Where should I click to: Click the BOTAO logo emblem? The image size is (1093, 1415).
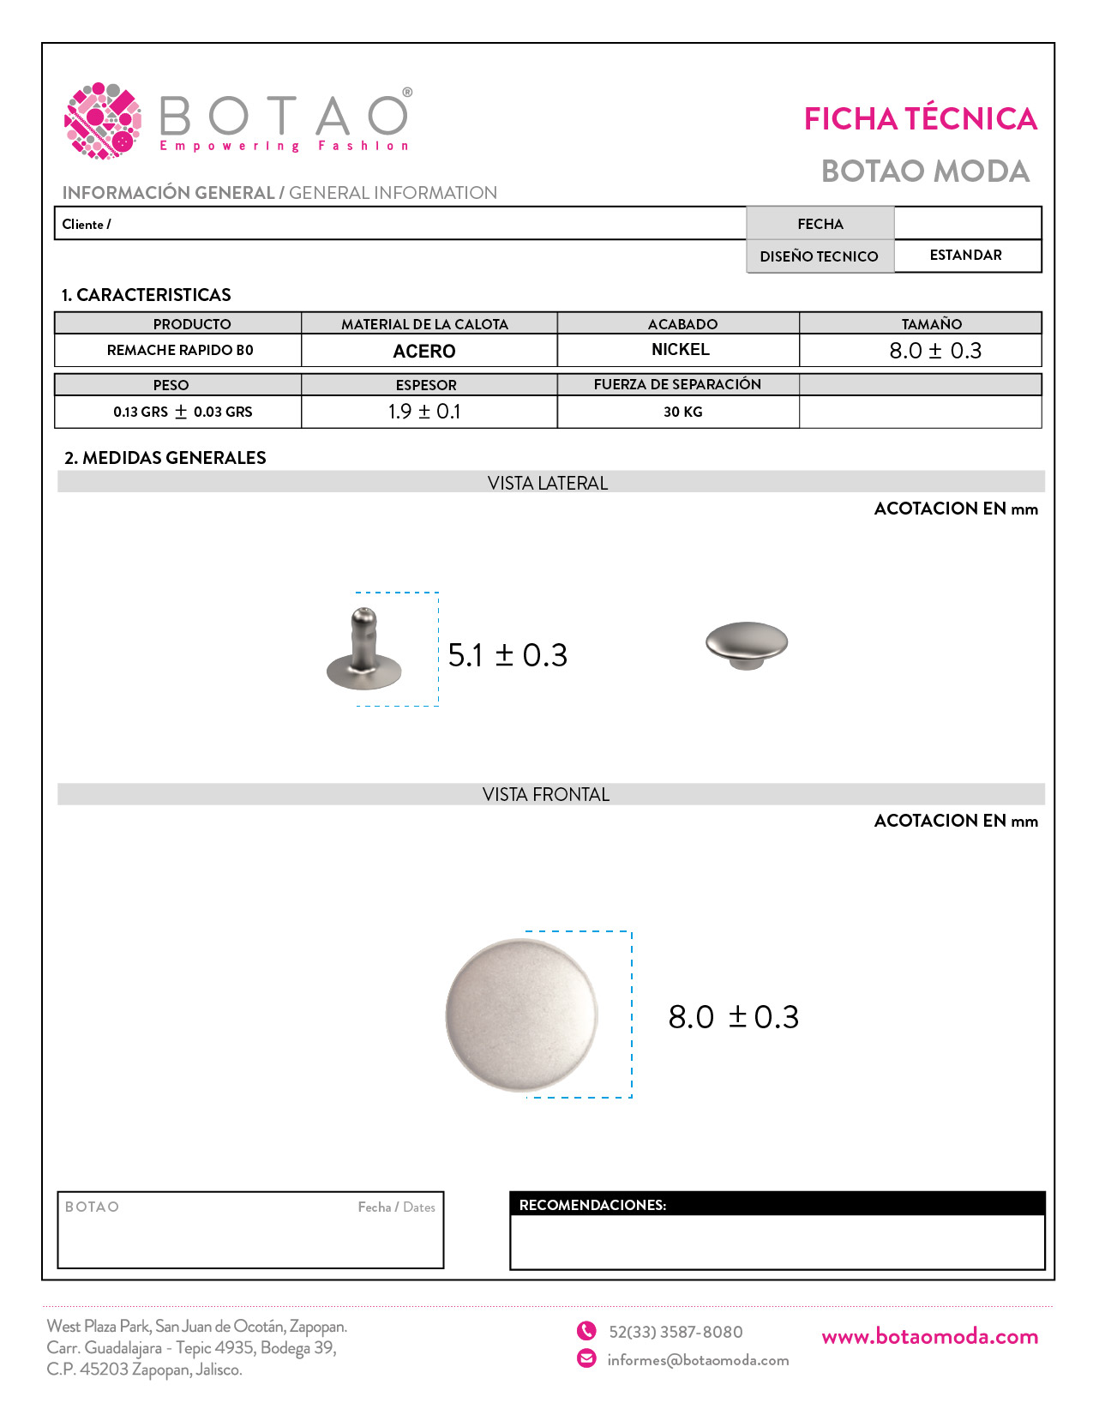point(103,121)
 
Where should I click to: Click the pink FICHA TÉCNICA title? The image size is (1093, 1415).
point(920,119)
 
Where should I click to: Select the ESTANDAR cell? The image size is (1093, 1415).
point(965,256)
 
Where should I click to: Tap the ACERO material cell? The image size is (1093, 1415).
point(424,351)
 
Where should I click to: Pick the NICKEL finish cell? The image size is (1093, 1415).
point(681,350)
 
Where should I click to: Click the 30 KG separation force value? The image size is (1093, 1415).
point(682,412)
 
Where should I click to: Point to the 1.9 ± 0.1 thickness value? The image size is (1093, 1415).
point(424,412)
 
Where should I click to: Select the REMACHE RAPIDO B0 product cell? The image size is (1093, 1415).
point(180,350)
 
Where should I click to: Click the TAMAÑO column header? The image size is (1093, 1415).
point(931,323)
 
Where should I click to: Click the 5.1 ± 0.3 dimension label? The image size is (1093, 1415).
point(507,655)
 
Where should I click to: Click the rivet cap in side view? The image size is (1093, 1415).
point(747,643)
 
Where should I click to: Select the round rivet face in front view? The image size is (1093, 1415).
point(521,1015)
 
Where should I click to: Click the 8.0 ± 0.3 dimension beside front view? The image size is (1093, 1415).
point(733,1017)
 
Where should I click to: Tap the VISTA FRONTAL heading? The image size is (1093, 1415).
point(546,794)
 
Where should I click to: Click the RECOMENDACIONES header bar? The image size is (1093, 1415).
point(777,1204)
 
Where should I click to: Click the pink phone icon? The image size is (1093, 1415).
point(586,1331)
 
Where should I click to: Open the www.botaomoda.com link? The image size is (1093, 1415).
point(929,1336)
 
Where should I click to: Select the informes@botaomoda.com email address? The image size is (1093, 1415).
point(698,1360)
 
